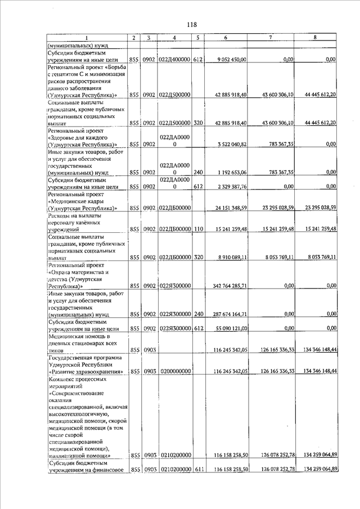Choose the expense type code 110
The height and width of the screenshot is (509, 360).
pyautogui.click(x=198, y=229)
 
